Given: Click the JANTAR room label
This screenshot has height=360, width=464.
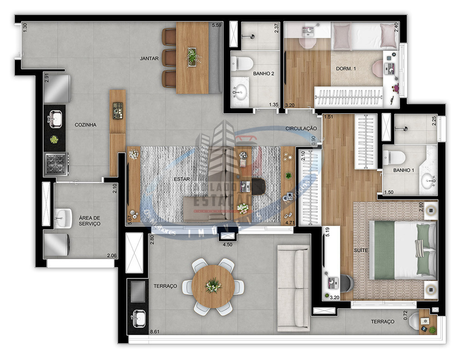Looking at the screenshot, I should (x=149, y=58).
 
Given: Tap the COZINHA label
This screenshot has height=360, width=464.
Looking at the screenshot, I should (x=86, y=125).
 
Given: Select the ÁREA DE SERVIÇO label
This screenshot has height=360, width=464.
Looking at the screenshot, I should (x=89, y=221).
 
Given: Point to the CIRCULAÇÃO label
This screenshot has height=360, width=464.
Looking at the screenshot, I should (x=301, y=129).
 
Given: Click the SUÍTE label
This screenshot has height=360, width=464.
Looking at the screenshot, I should (x=361, y=250).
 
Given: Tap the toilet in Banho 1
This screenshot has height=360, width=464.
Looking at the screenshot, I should (x=393, y=157).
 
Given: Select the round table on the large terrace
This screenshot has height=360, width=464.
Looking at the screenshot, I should (x=213, y=286).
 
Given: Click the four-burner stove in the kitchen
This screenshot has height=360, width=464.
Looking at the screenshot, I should (x=56, y=164).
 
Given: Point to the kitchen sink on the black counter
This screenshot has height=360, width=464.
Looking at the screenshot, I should (x=55, y=119).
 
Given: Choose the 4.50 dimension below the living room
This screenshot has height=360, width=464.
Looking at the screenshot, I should (x=227, y=245).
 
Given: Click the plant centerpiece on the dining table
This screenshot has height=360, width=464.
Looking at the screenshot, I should (x=193, y=56).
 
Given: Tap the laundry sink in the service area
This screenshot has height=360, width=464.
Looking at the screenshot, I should (x=63, y=218).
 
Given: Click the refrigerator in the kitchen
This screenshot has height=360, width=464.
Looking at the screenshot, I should (x=57, y=88).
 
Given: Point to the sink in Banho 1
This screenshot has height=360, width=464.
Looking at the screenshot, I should (x=428, y=181).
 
